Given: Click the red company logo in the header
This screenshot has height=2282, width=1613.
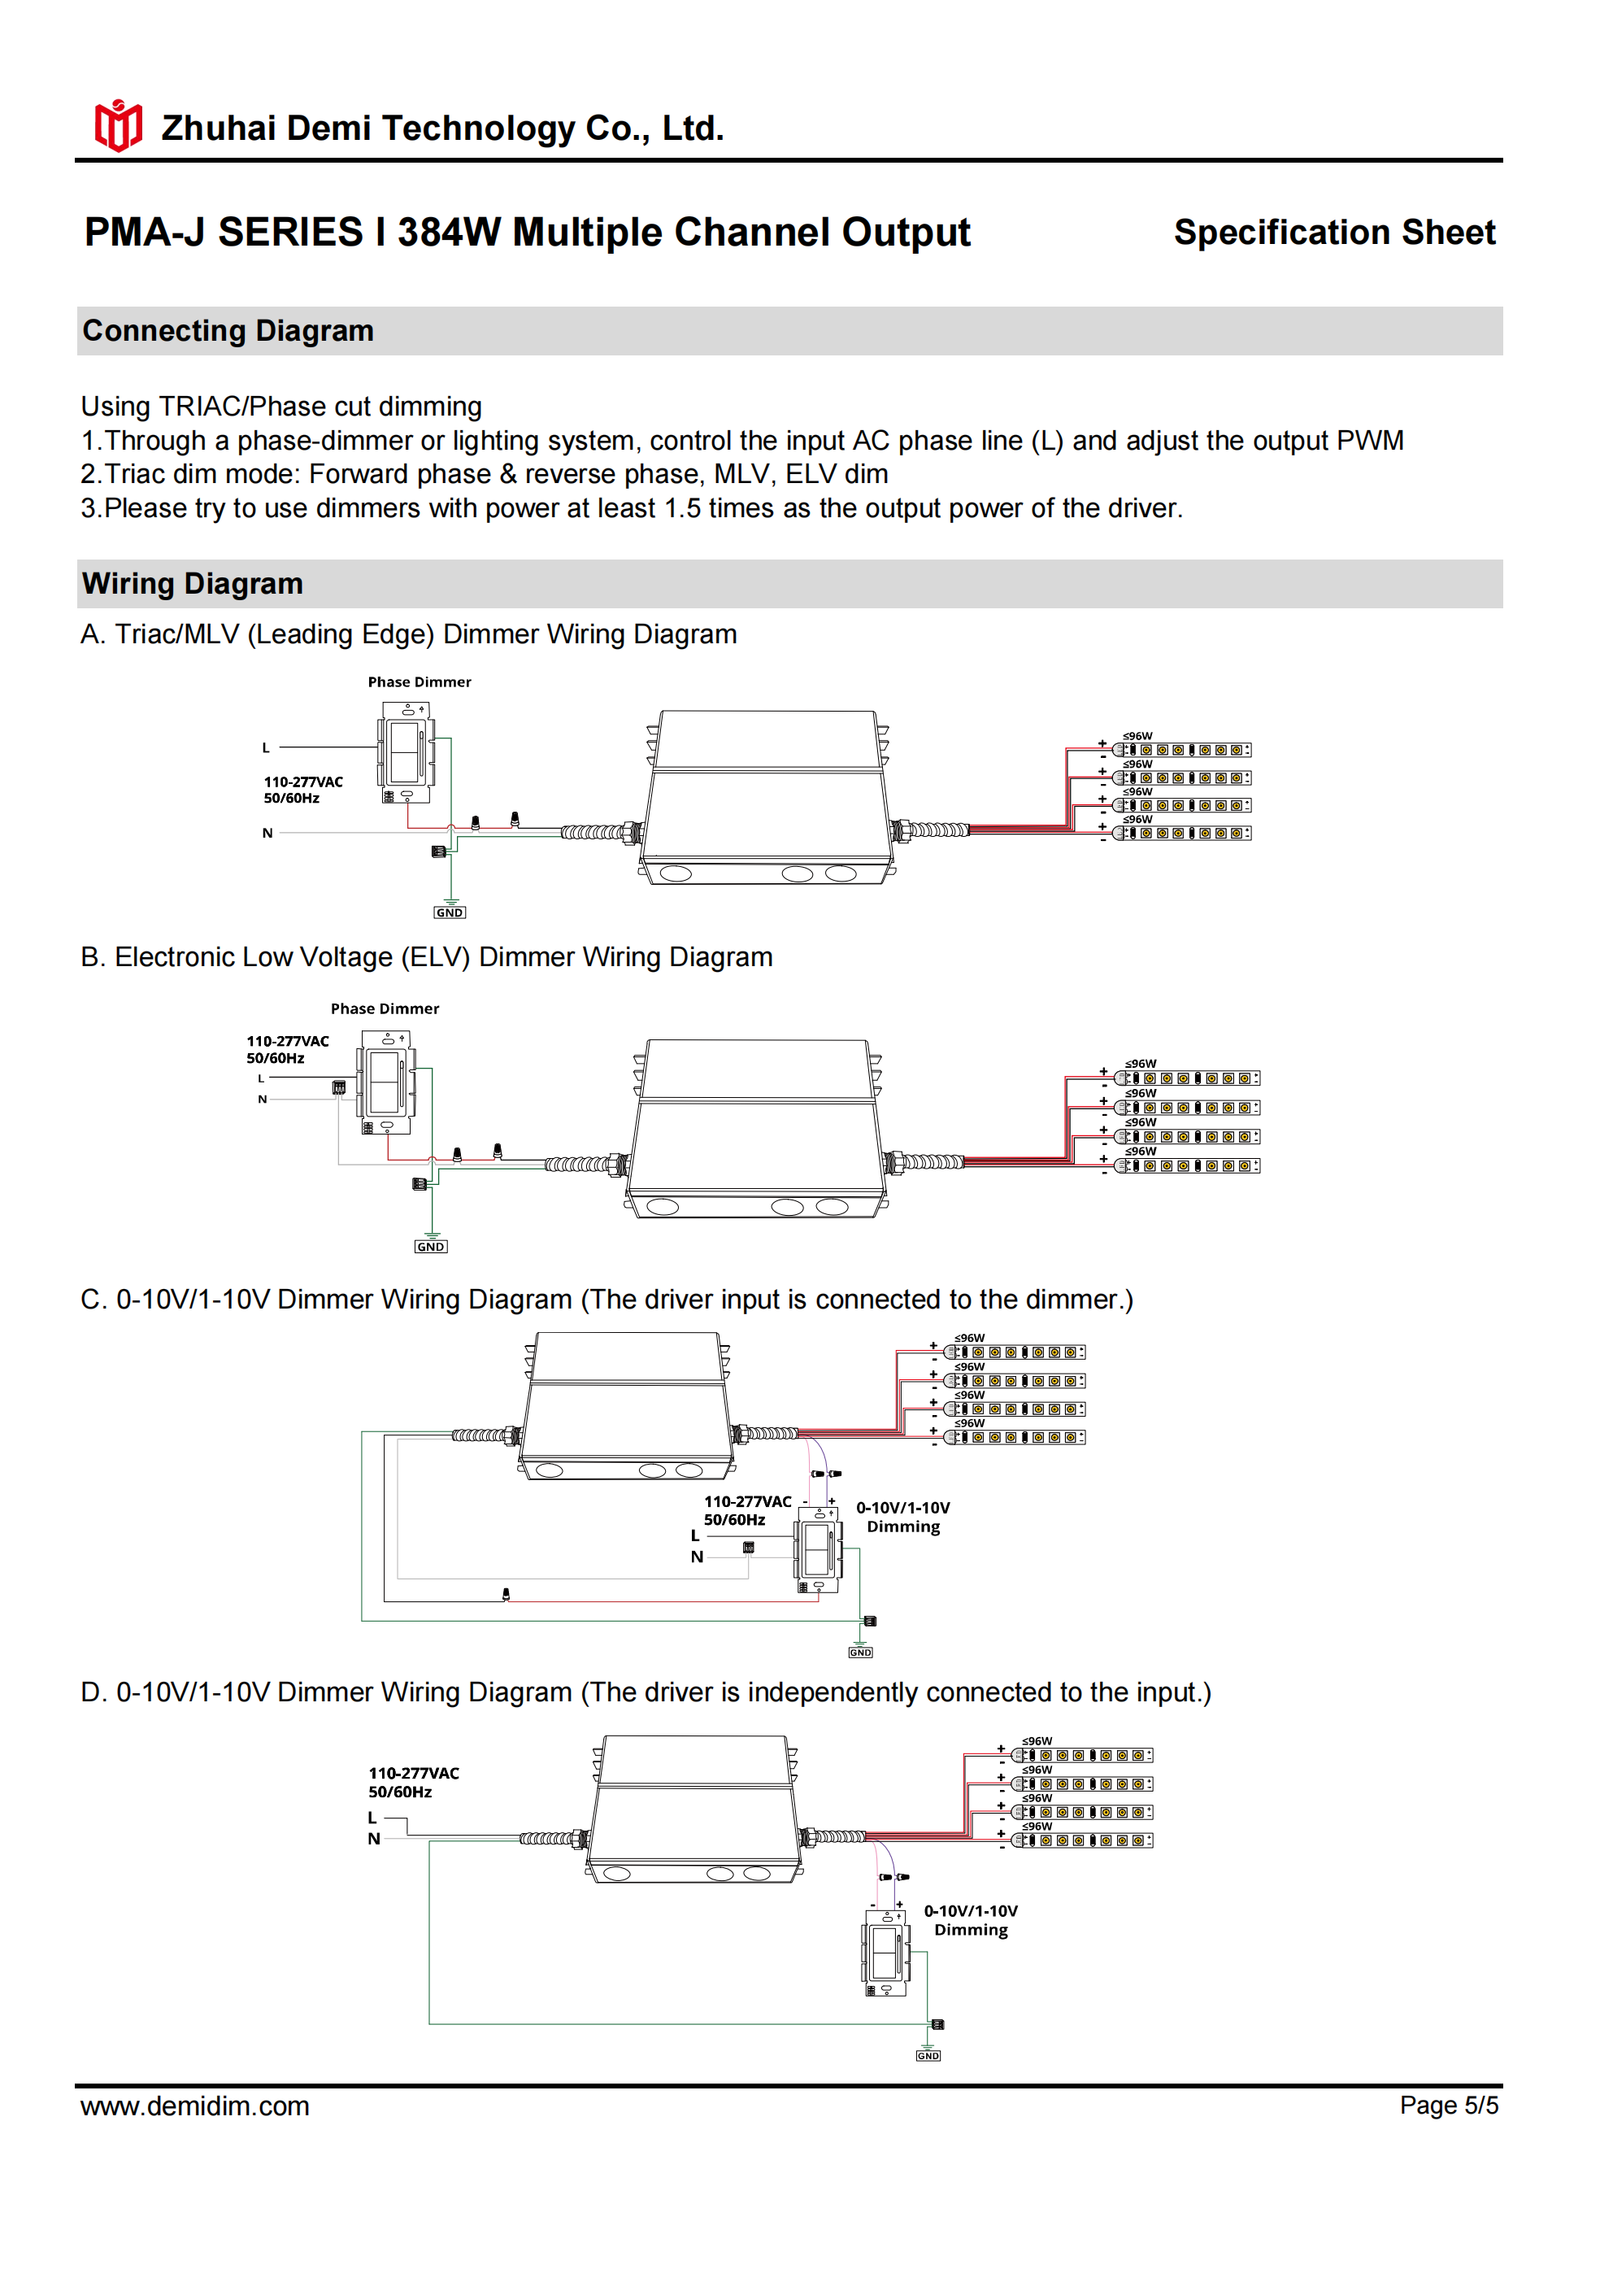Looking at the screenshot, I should (118, 126).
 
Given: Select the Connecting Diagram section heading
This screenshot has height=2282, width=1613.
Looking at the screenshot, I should (228, 331).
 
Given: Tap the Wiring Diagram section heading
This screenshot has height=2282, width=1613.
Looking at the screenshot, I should (192, 583).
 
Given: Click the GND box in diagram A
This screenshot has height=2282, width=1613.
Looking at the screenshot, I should (450, 912).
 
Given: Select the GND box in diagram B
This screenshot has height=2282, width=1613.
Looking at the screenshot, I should (430, 1247).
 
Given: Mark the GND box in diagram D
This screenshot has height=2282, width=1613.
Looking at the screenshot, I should (928, 2055).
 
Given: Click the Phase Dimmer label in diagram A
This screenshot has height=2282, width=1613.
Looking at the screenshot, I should (420, 682).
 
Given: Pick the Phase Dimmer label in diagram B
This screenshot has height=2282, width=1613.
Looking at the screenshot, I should (385, 1008).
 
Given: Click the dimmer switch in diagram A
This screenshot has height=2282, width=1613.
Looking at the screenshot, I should (406, 752).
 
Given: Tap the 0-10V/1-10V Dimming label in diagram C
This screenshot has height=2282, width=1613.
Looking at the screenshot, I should (902, 1517).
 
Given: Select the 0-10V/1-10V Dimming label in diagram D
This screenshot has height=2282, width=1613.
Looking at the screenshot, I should (970, 1920).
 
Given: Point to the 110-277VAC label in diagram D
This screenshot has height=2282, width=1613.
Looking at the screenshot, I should (414, 1773).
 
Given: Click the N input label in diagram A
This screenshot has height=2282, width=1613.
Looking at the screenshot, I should (267, 833).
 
